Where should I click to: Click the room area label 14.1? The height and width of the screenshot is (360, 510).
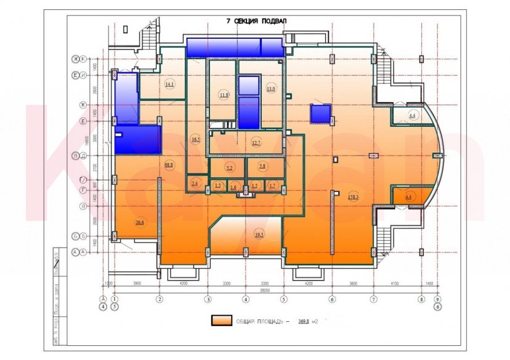(170, 84)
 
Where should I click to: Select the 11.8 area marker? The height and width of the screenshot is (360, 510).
(224, 95)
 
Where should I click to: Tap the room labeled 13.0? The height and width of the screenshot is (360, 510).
(270, 89)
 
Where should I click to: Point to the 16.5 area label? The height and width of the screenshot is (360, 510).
(196, 140)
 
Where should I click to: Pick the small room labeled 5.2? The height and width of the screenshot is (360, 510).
(229, 167)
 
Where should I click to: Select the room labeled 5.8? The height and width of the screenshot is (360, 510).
(262, 167)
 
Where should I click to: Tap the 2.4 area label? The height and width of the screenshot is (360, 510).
(195, 183)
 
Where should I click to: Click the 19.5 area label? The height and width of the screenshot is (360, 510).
(259, 234)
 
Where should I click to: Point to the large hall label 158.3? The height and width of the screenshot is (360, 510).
(354, 197)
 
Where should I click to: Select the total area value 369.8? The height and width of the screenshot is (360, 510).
(304, 321)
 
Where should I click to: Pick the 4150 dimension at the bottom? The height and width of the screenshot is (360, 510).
(395, 283)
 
